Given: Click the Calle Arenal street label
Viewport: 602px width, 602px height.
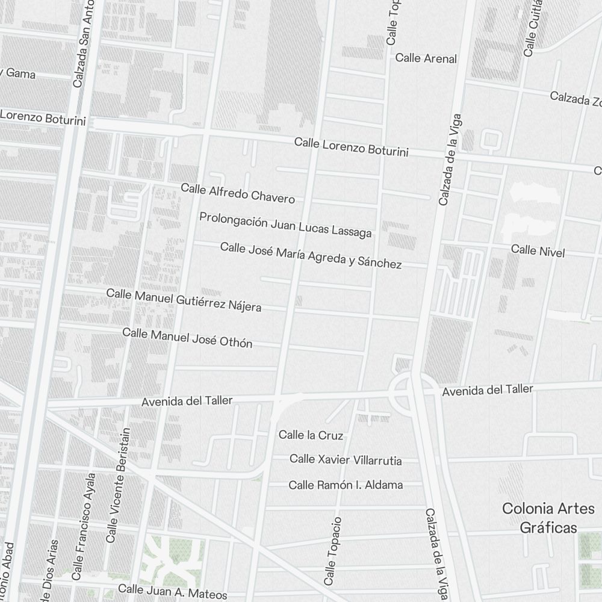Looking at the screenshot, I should [426, 58].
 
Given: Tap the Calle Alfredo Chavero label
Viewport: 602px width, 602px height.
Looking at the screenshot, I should [238, 193].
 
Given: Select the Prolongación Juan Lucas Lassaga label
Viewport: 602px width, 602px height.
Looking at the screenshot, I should [285, 225].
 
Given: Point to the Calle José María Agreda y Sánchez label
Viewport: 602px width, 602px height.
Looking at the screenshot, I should [311, 255].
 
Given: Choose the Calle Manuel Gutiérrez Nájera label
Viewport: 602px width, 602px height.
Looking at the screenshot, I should [184, 300].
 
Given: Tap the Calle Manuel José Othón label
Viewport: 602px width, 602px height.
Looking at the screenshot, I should [187, 338].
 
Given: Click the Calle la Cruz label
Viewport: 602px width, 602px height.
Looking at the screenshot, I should [311, 435].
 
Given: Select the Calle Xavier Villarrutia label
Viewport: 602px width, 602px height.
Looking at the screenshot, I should [346, 460].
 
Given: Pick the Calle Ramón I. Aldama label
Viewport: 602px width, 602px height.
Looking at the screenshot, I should [346, 485].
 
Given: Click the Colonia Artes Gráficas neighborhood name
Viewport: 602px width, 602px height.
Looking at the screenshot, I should [548, 518].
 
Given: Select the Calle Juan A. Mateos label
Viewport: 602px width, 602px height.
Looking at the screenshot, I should [173, 591].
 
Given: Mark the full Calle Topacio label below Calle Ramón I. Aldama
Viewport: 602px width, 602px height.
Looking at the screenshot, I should [333, 551].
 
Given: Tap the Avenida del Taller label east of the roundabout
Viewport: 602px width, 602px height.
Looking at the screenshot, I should [487, 390].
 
